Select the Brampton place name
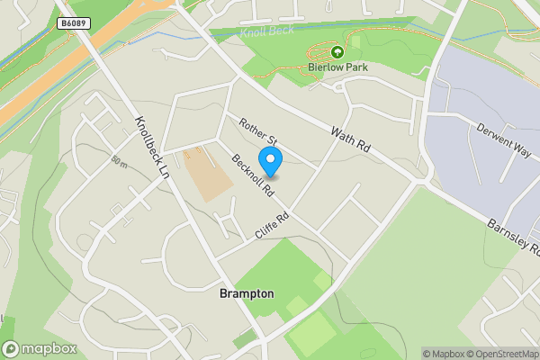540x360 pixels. (247, 294)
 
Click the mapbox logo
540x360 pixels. (39, 348)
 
